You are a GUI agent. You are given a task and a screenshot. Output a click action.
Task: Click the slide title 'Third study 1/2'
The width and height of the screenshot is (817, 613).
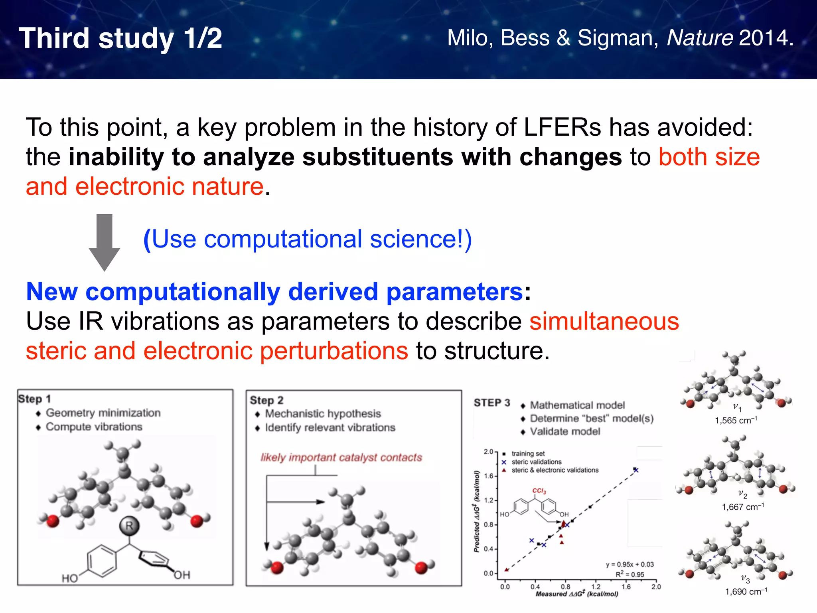(120, 39)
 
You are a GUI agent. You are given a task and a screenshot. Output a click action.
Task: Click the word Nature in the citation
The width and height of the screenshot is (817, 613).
(700, 38)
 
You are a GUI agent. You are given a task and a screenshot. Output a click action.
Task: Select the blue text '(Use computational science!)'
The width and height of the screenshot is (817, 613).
(307, 239)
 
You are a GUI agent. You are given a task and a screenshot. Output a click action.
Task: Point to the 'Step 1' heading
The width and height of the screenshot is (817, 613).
(35, 399)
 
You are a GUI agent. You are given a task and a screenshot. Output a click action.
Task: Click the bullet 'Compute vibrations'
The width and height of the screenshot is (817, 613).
(94, 427)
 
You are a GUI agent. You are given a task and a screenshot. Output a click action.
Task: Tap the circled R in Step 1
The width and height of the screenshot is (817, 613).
(129, 526)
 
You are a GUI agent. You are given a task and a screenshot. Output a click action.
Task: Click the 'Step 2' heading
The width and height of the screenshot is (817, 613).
(266, 400)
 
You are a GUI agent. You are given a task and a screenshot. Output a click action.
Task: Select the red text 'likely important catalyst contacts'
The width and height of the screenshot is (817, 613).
(341, 457)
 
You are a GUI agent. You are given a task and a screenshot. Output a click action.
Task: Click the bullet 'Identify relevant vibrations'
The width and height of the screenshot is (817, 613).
(330, 427)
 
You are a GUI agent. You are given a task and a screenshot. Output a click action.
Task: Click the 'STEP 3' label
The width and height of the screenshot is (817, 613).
(492, 403)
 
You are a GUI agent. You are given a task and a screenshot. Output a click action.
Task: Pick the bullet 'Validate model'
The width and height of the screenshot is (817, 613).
(564, 431)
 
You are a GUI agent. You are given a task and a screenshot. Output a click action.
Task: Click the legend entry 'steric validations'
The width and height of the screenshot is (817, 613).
(536, 462)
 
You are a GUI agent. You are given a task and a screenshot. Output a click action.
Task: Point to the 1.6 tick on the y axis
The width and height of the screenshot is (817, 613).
(489, 476)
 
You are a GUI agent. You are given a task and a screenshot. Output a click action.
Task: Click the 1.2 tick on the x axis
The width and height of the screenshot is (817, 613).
(596, 587)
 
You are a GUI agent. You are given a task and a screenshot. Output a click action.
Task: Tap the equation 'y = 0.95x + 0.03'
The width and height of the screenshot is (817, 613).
(630, 564)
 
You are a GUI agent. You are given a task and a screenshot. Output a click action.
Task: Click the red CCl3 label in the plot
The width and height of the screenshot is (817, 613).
(539, 491)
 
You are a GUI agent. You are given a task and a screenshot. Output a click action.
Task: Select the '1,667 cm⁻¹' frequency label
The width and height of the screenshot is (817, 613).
(743, 507)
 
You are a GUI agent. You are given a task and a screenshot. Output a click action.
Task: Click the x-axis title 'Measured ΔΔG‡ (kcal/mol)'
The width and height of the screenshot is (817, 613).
(577, 594)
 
